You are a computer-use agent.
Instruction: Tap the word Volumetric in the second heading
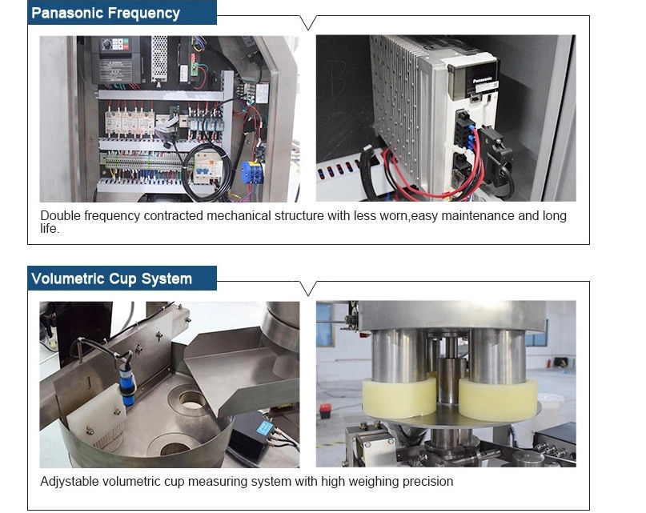point(68,279)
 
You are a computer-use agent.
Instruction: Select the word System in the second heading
point(167,279)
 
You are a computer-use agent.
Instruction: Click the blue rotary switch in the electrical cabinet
point(251,173)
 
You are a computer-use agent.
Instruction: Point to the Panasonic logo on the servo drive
point(482,80)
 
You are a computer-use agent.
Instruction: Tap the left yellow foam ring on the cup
point(399,398)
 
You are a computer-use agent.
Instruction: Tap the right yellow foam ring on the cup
point(498,399)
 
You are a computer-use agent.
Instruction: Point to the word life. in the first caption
point(50,228)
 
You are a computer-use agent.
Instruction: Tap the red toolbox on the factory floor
point(325,411)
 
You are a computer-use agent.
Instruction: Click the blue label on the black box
point(264,428)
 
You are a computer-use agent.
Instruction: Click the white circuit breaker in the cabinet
point(207,166)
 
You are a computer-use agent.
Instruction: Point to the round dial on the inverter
point(106,44)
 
